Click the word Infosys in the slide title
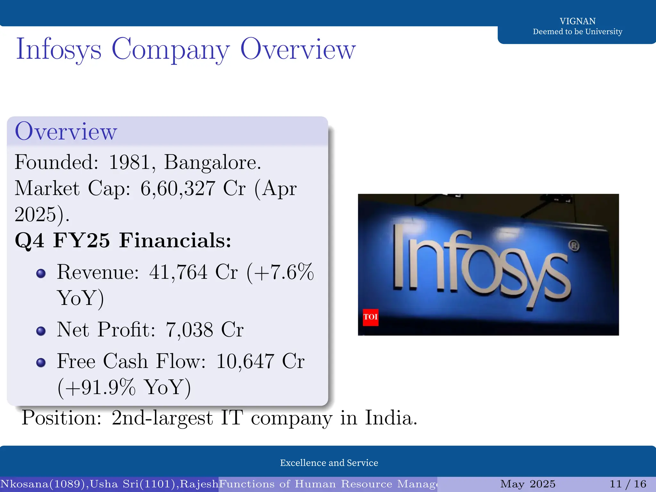pos(59,50)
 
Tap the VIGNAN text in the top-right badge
pos(578,21)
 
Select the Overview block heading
pos(66,131)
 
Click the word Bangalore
pos(212,162)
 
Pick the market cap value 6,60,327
pos(178,188)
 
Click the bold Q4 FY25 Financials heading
pos(123,240)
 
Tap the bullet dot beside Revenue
pos(41,273)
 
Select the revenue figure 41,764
pos(178,272)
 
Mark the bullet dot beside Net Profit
pos(41,331)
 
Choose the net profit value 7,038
pos(189,330)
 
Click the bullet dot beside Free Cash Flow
pos(41,362)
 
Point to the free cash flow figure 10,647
pos(245,361)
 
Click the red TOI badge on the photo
pos(371,317)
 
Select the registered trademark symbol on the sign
pos(574,246)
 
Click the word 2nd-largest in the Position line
pos(162,418)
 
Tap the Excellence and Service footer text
pos(329,463)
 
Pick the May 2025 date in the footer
pos(528,484)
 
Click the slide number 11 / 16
pos(628,484)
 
